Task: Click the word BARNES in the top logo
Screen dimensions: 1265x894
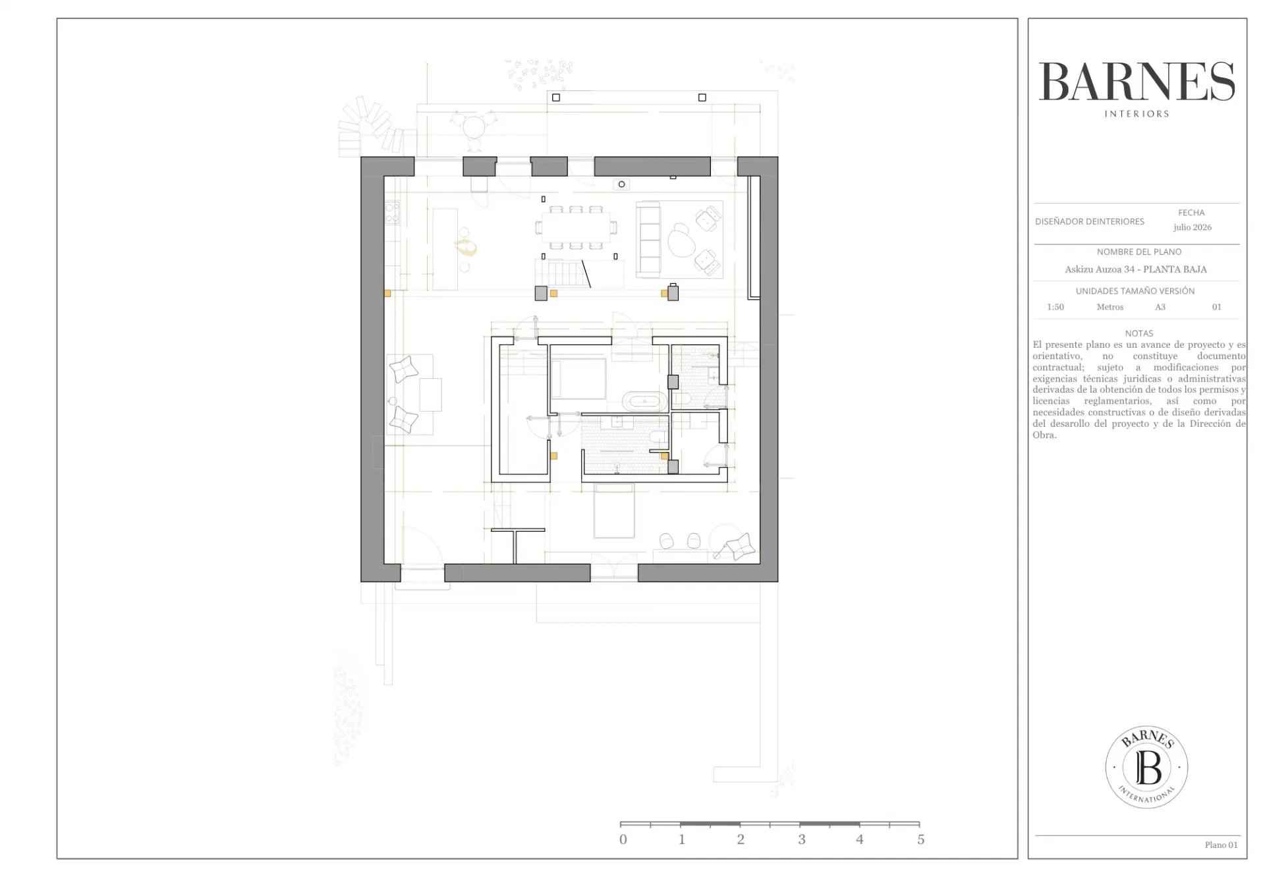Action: tap(1137, 82)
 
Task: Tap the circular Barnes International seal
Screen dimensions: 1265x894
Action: tap(1146, 767)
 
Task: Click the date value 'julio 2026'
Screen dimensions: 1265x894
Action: tap(1192, 227)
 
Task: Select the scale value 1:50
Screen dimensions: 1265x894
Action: tap(1055, 307)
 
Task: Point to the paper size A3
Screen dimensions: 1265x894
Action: tap(1160, 307)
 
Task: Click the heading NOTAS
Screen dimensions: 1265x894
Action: tap(1139, 333)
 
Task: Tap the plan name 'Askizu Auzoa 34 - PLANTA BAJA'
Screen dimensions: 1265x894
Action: tap(1136, 269)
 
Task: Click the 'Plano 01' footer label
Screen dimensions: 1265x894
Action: tap(1221, 845)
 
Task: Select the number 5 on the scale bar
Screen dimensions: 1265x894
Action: tap(920, 840)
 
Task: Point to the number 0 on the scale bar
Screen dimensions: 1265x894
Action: tap(623, 840)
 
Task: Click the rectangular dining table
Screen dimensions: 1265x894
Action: tap(576, 227)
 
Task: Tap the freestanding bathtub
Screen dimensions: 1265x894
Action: tap(644, 401)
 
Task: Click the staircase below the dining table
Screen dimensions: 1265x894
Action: tap(561, 273)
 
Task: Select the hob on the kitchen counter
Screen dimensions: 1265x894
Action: tap(391, 212)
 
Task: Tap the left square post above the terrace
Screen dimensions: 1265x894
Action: tap(556, 98)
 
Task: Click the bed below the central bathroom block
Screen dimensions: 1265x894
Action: tap(614, 511)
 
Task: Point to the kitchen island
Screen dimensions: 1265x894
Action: tap(445, 249)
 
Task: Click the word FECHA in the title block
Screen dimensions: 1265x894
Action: tap(1191, 213)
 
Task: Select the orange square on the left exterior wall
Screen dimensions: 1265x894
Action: tap(387, 293)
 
